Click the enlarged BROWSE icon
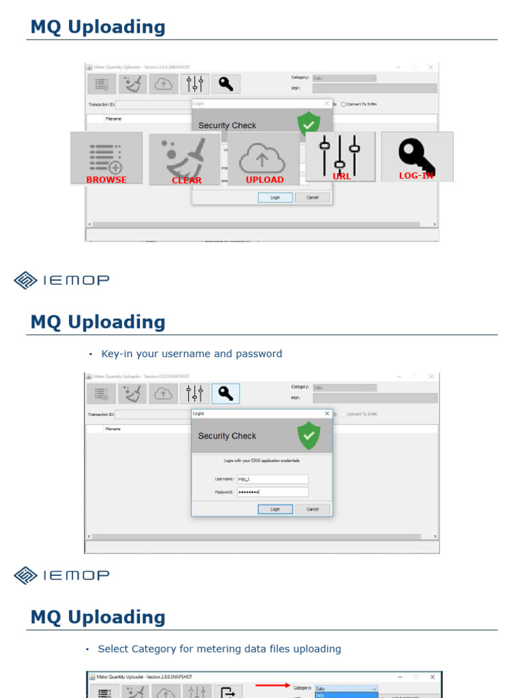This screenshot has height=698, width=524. click(x=106, y=157)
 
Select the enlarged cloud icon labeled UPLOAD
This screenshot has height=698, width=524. click(x=263, y=158)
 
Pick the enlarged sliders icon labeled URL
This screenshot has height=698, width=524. click(x=340, y=156)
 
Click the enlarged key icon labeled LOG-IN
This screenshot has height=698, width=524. click(x=417, y=156)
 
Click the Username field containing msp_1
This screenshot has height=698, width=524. click(x=272, y=479)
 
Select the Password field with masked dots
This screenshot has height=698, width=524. click(x=272, y=491)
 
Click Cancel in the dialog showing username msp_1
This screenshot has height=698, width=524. click(x=312, y=509)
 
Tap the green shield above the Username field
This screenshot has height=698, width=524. click(x=309, y=436)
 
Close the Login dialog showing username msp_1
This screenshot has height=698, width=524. click(x=327, y=414)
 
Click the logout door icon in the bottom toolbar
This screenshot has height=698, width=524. click(x=227, y=693)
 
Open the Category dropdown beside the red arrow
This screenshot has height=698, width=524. click(x=345, y=688)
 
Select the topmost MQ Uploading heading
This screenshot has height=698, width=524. click(x=98, y=27)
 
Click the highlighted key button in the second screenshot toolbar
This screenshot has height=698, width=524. click(x=225, y=393)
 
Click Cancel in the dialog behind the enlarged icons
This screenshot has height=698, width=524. click(x=312, y=198)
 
